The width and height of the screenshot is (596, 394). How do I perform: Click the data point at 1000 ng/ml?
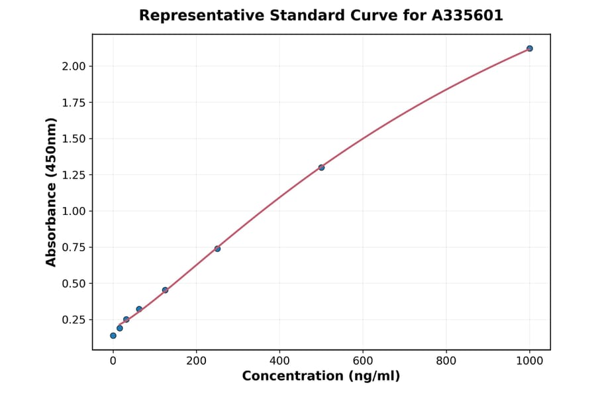[530, 48]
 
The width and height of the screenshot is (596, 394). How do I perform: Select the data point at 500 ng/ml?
[321, 167]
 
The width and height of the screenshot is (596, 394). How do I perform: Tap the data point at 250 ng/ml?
[217, 249]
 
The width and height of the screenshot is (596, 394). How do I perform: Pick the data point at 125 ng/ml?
[165, 290]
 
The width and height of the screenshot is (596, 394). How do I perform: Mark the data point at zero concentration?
[113, 336]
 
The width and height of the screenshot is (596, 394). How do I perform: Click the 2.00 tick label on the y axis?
[74, 66]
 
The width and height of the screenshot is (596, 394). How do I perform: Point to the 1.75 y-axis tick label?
[74, 103]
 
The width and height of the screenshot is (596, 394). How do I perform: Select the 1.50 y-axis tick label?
[74, 139]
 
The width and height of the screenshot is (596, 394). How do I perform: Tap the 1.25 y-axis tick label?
[74, 175]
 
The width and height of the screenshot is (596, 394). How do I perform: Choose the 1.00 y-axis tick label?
[74, 211]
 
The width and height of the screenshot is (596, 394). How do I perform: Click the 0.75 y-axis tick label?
[74, 247]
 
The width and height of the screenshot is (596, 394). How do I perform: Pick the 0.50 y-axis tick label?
[74, 284]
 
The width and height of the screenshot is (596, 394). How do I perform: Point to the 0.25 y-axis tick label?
[74, 320]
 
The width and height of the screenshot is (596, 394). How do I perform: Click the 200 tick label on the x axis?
[196, 361]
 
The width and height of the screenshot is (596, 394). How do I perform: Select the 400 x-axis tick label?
[279, 361]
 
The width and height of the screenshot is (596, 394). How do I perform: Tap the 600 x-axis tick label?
[363, 361]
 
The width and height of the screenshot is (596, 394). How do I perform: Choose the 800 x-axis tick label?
[446, 361]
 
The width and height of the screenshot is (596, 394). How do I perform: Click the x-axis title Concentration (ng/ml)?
[321, 377]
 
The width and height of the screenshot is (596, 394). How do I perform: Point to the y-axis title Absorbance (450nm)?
[52, 192]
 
